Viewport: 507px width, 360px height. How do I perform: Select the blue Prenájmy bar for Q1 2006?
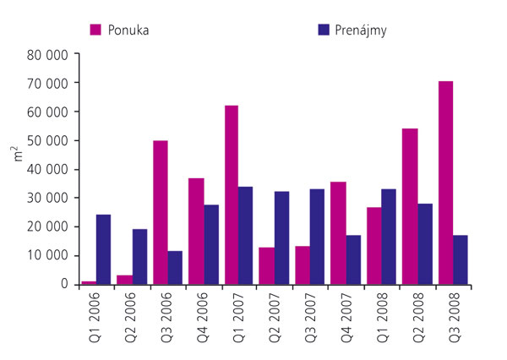103,249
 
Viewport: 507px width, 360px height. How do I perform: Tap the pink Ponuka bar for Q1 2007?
232,194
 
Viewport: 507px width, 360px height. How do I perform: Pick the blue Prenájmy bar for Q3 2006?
174,267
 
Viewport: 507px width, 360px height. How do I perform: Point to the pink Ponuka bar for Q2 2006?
124,280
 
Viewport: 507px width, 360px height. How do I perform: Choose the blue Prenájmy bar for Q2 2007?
281,237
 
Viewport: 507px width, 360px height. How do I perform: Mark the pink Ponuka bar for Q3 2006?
160,212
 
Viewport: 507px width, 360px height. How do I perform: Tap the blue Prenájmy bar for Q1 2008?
388,237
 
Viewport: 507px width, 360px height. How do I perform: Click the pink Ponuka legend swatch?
96,30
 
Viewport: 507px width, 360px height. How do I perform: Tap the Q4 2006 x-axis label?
196,316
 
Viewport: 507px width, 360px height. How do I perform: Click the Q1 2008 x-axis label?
373,316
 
